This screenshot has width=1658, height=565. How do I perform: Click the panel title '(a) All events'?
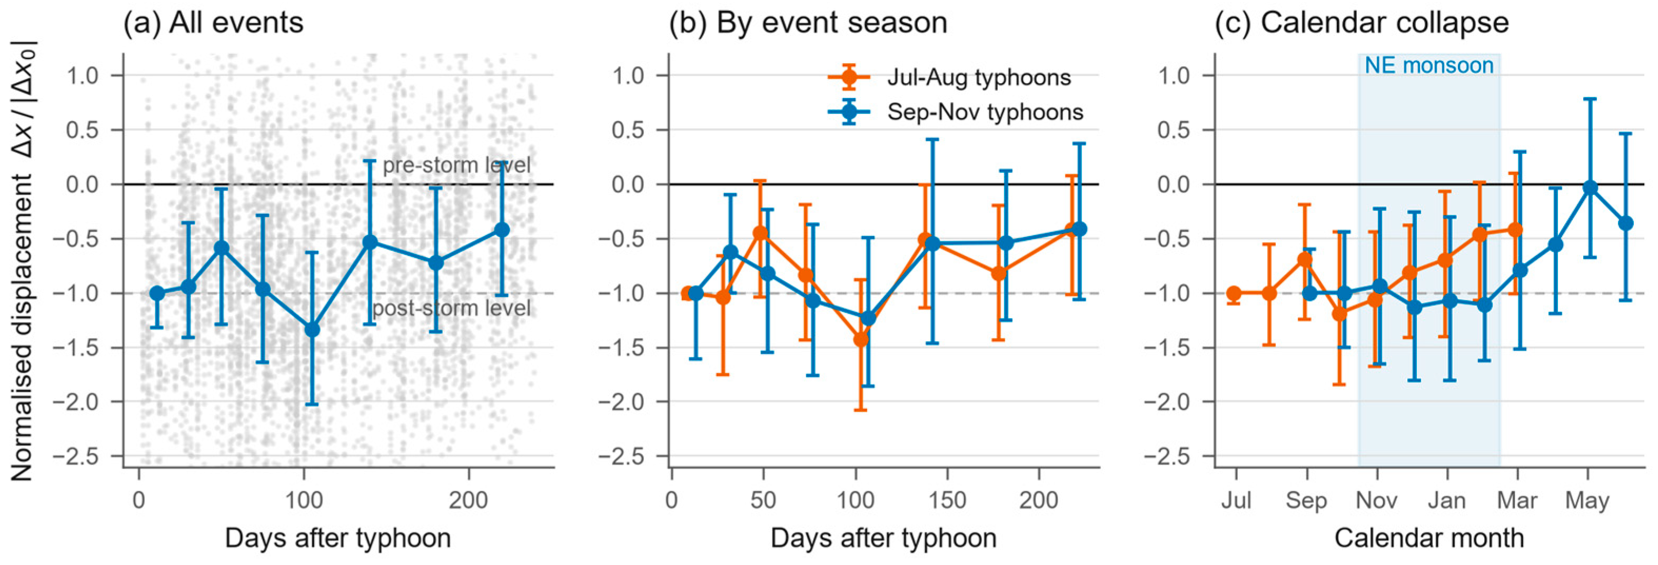coord(213,23)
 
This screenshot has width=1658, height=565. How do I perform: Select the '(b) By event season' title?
coord(808,23)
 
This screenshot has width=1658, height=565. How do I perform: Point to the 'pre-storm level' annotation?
coord(457,165)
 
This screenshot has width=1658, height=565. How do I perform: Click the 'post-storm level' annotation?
coord(452,308)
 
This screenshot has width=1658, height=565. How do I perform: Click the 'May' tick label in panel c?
coord(1587,501)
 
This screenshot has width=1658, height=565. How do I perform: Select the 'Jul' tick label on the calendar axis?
coord(1236,501)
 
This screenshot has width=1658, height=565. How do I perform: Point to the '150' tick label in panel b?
coord(947,501)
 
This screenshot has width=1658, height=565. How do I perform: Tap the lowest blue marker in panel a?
coord(312,330)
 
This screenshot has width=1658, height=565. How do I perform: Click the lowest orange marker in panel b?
coord(860,339)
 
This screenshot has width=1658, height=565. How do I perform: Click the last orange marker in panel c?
coord(1515,230)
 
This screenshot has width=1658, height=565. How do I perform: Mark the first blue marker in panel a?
coord(156,293)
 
